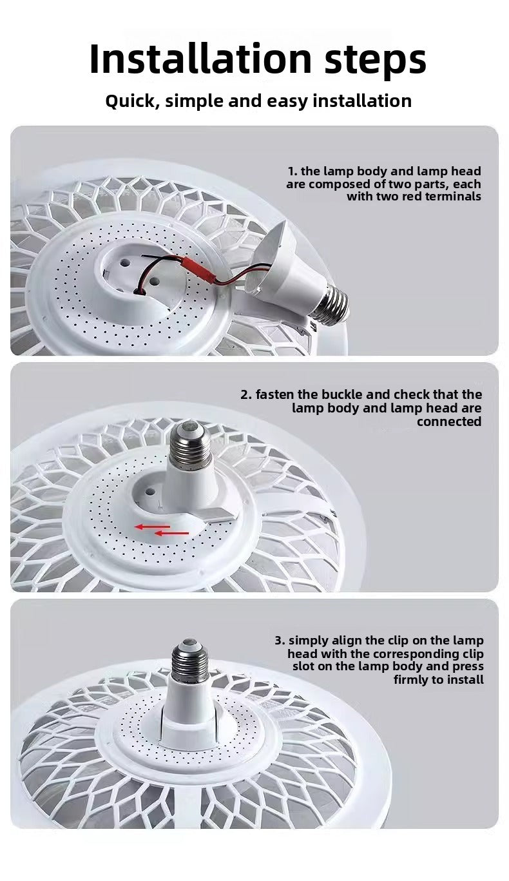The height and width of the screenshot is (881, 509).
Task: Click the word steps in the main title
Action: coord(376,61)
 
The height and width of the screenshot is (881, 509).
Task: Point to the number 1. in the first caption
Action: coord(293,171)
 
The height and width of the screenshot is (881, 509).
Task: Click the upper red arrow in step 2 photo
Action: coord(152,527)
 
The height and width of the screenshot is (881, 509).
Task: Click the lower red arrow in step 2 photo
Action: coord(172,534)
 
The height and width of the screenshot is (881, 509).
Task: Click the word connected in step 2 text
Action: coord(449,421)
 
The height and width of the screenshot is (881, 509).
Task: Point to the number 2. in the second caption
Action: coord(246,395)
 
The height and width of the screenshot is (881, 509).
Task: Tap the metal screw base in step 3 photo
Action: coord(190,661)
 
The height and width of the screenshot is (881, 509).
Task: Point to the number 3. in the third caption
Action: coord(280,641)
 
